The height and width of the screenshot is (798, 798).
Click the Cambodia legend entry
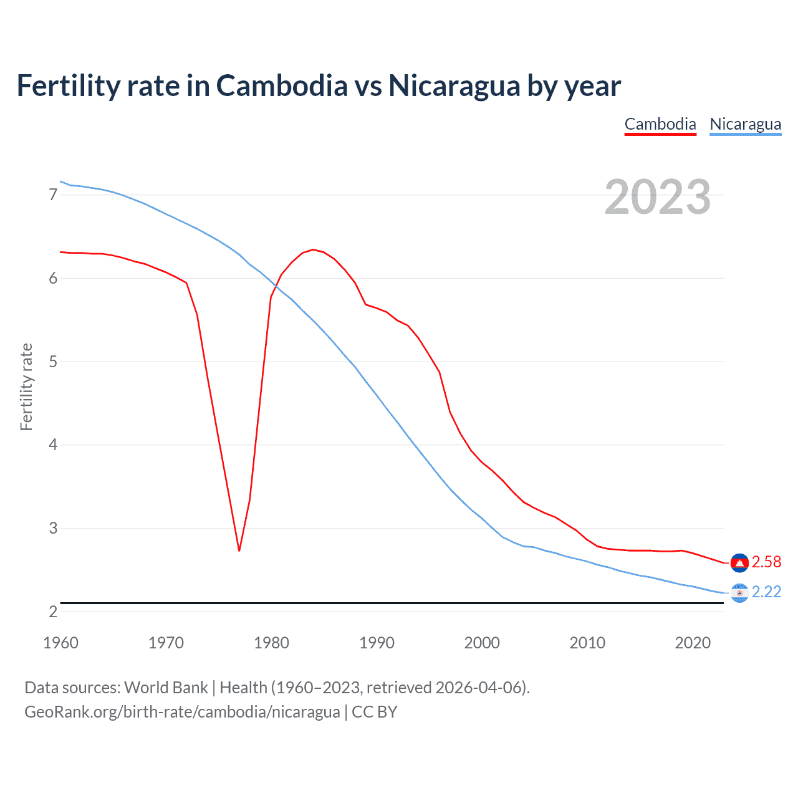[x=660, y=124]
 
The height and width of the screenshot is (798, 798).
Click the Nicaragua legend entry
[x=745, y=124]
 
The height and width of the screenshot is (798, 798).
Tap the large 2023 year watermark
[x=658, y=197]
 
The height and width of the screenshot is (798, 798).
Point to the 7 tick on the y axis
[x=53, y=195]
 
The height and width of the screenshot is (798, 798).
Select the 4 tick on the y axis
[x=53, y=445]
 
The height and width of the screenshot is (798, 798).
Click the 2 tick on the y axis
[x=53, y=612]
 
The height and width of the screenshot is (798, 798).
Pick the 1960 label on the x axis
[x=60, y=643]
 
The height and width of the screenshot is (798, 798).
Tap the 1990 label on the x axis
[x=377, y=643]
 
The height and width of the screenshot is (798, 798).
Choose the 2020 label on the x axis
[x=693, y=643]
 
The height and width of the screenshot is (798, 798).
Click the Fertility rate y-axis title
[x=26, y=387]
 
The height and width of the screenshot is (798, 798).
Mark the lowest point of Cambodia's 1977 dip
[x=239, y=550]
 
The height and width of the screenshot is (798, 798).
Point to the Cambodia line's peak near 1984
[x=313, y=249]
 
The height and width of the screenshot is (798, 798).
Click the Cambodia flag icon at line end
[x=739, y=562]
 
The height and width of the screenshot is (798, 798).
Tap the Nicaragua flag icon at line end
[x=739, y=592]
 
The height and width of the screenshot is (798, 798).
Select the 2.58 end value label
[x=766, y=562]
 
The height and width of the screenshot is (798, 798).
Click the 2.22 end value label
[x=766, y=592]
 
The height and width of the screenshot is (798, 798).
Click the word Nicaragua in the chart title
[x=454, y=86]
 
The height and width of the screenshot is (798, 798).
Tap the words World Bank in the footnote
[x=166, y=688]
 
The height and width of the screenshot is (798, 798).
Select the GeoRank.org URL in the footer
[x=182, y=712]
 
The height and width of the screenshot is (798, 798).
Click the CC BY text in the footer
[x=374, y=712]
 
